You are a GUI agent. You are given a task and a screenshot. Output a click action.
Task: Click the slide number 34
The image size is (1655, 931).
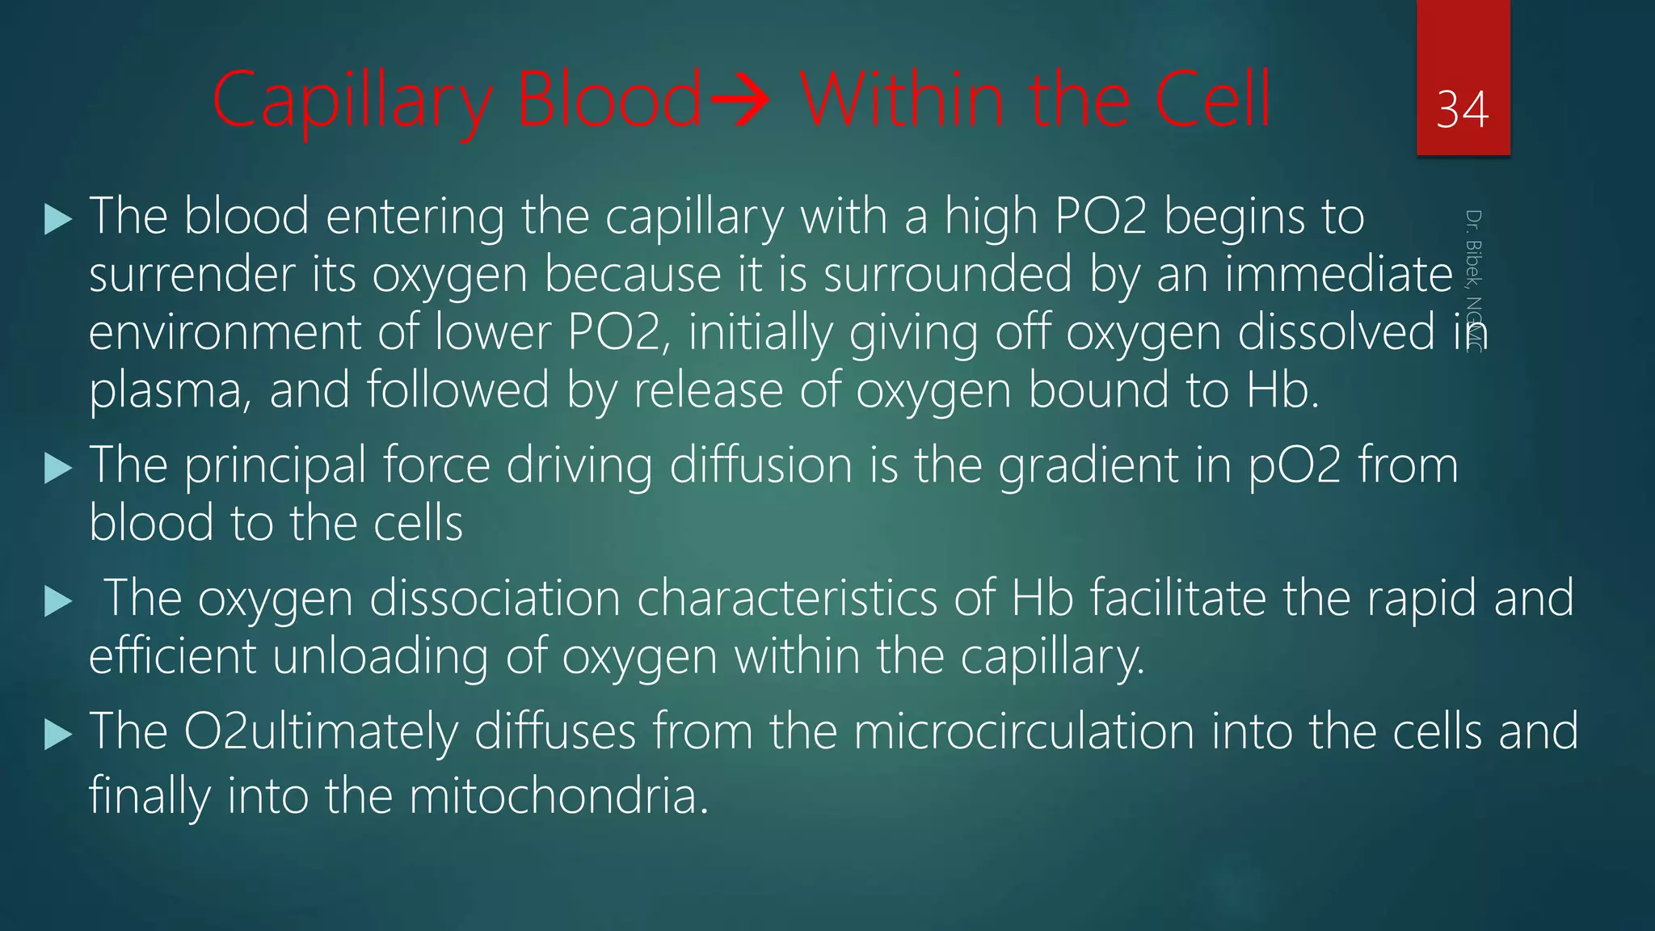[x=1462, y=110]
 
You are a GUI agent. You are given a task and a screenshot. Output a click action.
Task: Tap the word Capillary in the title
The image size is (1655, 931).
[x=352, y=101]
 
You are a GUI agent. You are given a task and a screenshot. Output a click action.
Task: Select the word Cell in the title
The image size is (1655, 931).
[x=1213, y=101]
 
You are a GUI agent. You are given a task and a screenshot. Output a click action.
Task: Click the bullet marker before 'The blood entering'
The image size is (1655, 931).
[x=58, y=219]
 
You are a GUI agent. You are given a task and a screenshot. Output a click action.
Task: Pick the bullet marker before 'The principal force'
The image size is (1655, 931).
[x=58, y=468]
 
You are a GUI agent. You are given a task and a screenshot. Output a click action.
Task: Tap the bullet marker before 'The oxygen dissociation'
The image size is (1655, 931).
[x=58, y=600]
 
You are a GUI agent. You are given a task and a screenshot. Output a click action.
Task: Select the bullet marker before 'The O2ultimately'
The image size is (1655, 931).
[x=58, y=734]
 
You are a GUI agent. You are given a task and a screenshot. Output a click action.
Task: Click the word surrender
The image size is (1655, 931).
[x=192, y=275]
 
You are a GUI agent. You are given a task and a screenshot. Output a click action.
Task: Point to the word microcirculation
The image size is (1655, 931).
[x=1024, y=732]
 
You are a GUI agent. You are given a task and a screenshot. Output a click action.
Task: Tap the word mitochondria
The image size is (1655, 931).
[x=558, y=796]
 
